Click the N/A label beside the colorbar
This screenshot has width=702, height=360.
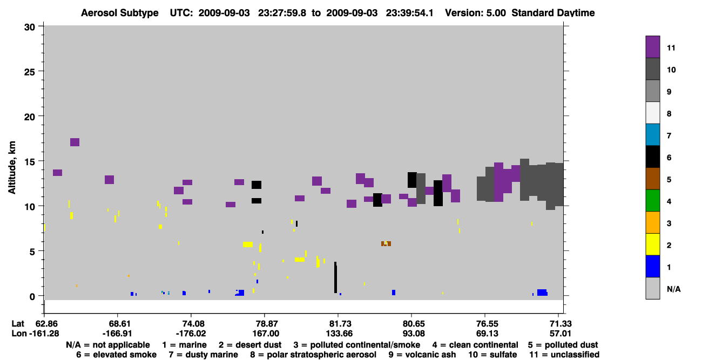coord(673,289)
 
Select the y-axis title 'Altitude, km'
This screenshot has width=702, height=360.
coord(11,167)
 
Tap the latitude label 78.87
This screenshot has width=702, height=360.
coord(266,324)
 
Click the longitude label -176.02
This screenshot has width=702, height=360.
coord(191,334)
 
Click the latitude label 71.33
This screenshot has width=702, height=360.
coord(561,324)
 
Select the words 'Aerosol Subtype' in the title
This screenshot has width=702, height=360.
coord(120,13)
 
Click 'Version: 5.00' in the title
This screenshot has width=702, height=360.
coord(475,13)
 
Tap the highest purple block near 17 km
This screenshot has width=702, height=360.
coord(75,142)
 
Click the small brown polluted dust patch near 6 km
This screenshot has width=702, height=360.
coord(386,243)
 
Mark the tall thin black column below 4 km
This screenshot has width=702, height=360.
coord(335,277)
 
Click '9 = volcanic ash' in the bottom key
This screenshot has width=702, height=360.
coord(422,355)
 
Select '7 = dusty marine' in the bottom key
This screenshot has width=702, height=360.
coord(203,355)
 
